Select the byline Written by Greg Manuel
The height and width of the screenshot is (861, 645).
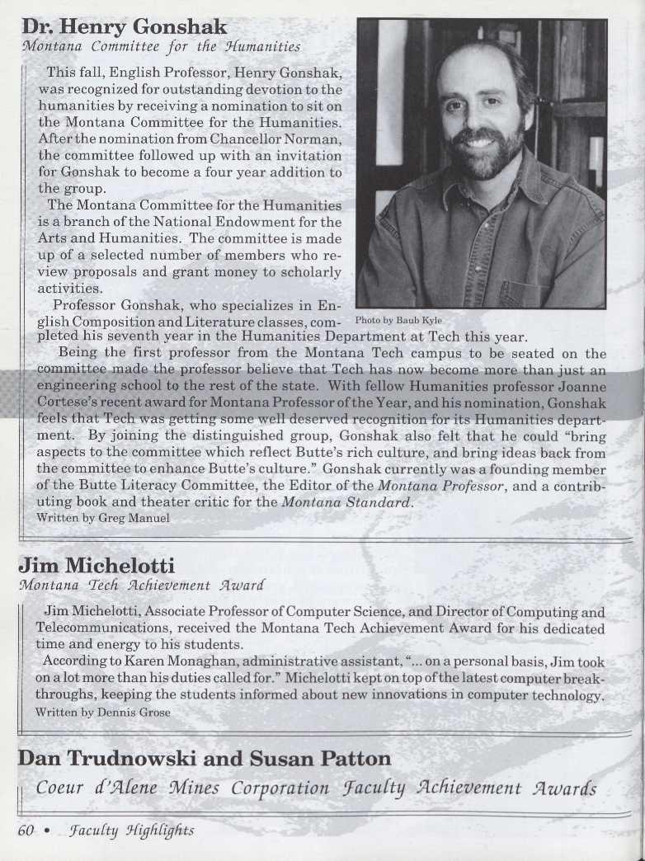coord(104,518)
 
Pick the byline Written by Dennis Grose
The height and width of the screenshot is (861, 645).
coord(103,712)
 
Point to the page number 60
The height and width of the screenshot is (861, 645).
coord(26,830)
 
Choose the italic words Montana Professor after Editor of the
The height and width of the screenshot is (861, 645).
coord(446,486)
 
